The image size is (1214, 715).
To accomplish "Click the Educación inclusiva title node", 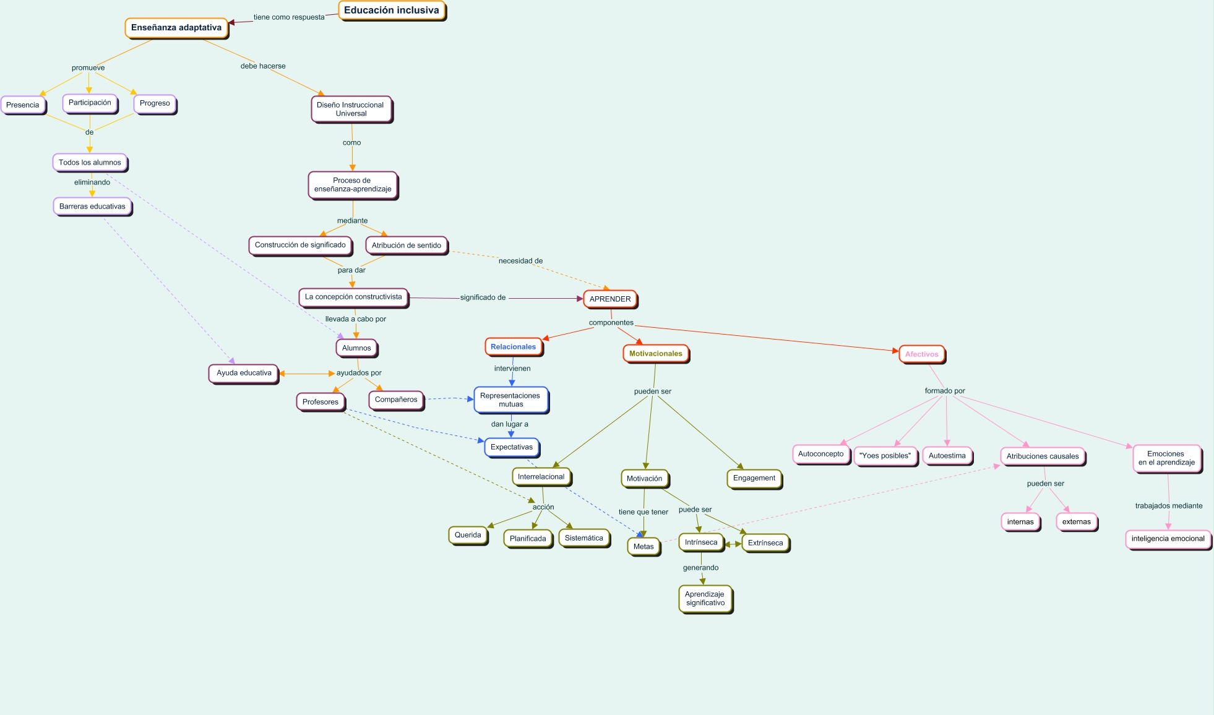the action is [392, 11].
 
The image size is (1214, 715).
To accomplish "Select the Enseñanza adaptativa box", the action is [176, 28].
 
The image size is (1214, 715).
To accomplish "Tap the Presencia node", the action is [23, 105].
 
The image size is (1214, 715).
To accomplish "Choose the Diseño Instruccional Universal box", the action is [351, 109].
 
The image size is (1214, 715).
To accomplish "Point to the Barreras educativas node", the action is [92, 207].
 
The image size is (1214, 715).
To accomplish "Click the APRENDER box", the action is [610, 299].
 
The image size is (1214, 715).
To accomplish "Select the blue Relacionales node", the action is [513, 347].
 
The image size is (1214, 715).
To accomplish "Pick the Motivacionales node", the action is [655, 354].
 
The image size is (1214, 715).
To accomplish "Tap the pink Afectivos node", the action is [921, 354].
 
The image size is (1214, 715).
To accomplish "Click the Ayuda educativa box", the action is [244, 373].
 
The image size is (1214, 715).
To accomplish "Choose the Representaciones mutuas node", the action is [510, 400].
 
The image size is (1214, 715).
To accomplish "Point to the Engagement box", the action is [754, 478].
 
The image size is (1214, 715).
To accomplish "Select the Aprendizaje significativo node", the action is [705, 599].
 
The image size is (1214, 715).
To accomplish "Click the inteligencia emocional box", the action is [1168, 539].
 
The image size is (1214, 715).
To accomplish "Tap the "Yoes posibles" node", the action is [885, 456].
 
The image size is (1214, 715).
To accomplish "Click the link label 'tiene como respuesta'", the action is [289, 17].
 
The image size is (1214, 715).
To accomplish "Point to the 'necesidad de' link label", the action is [520, 261].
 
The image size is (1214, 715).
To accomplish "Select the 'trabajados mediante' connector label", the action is [1168, 506].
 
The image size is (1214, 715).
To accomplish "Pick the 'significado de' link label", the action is [483, 298].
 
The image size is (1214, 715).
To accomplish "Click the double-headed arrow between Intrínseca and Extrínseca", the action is [733, 544].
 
